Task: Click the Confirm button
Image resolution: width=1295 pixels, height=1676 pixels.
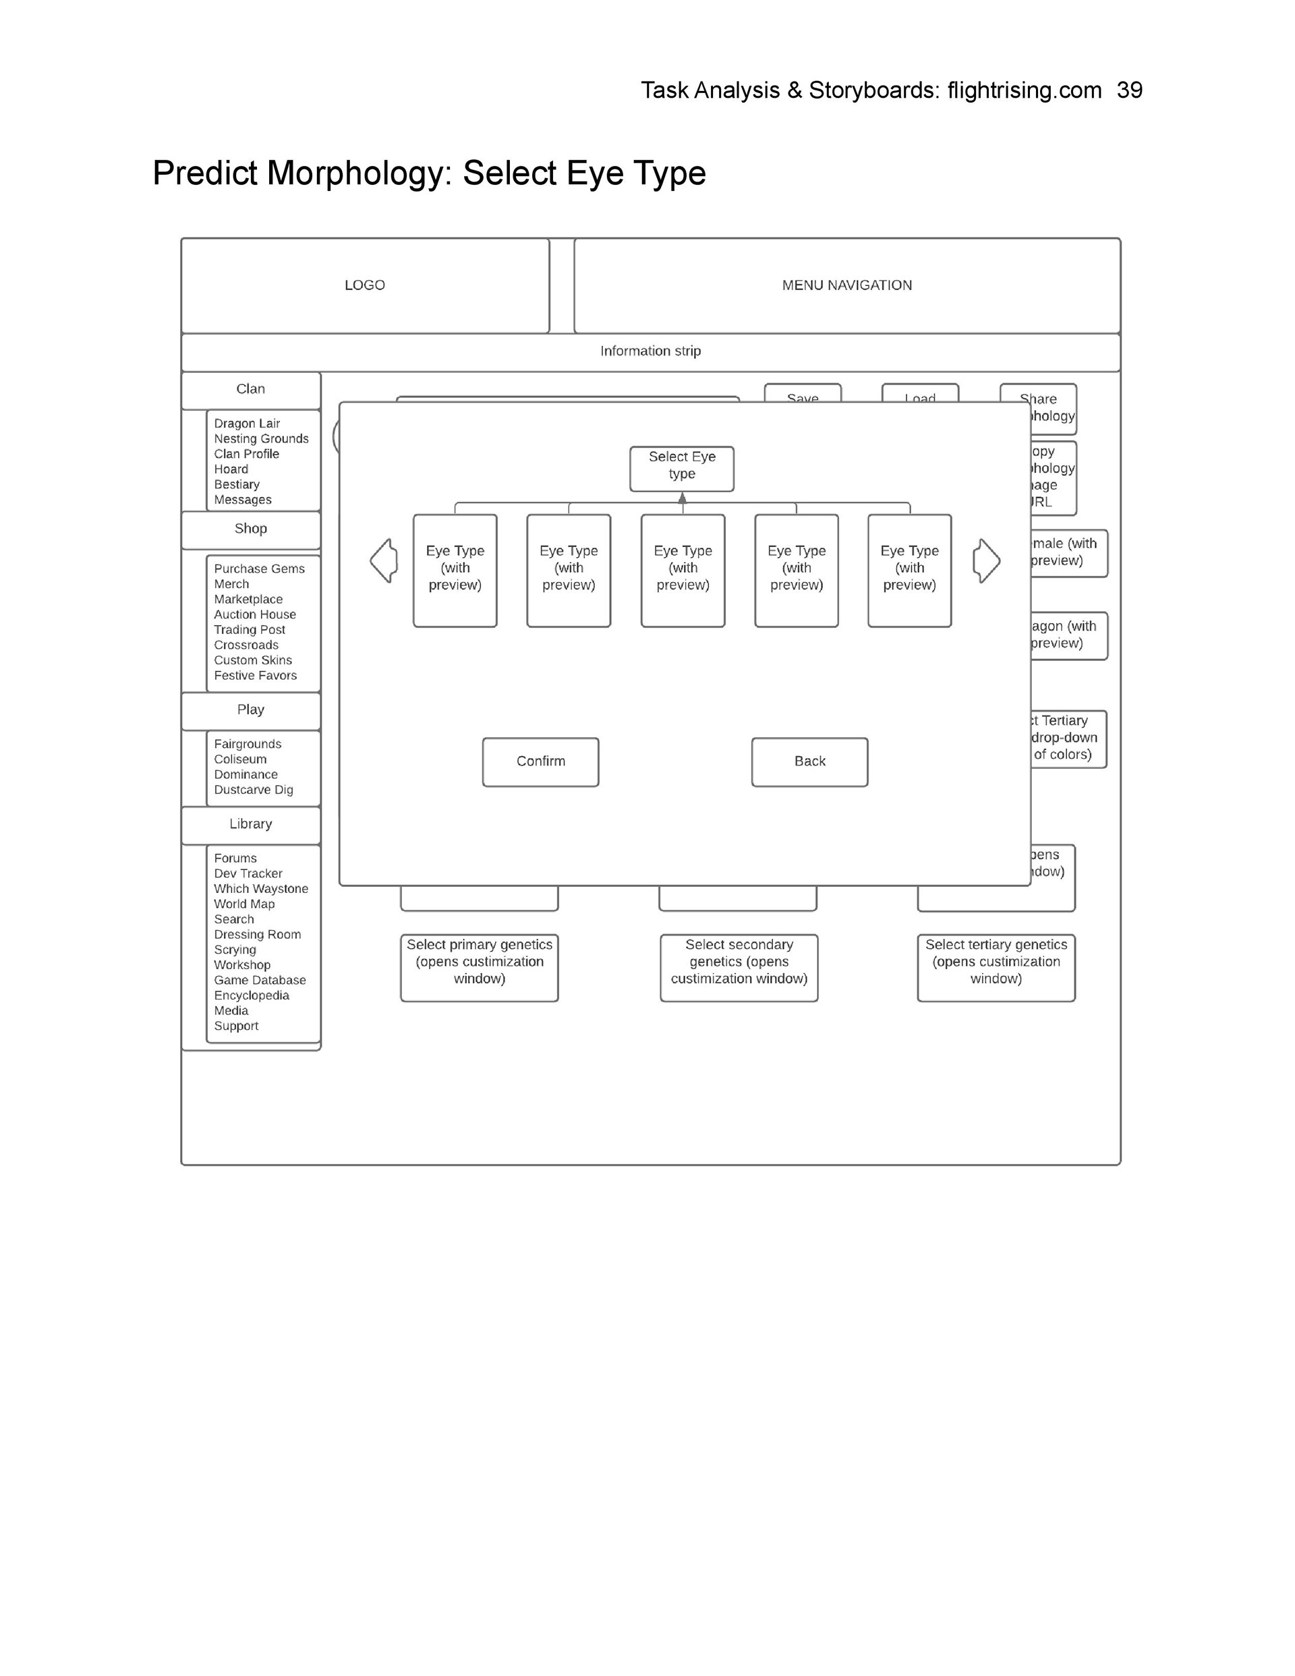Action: click(540, 761)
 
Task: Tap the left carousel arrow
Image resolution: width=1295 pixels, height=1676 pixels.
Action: click(384, 560)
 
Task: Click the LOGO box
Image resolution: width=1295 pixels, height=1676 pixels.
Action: click(365, 285)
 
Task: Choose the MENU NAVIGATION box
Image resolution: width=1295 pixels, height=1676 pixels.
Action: click(846, 285)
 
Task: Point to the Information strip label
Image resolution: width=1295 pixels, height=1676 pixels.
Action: click(650, 351)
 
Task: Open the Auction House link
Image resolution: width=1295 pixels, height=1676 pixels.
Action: click(255, 614)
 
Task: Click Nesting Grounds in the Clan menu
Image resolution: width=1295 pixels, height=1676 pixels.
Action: click(261, 439)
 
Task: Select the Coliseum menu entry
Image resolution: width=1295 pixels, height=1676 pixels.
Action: click(240, 759)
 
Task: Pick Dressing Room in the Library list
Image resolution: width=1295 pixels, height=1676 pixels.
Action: click(257, 935)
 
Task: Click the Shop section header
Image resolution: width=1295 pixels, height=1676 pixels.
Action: click(250, 529)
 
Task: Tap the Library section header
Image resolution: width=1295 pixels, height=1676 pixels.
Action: click(250, 824)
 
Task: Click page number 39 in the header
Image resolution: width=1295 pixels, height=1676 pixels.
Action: click(1129, 90)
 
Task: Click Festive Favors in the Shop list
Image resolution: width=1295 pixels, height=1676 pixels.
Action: click(255, 676)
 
